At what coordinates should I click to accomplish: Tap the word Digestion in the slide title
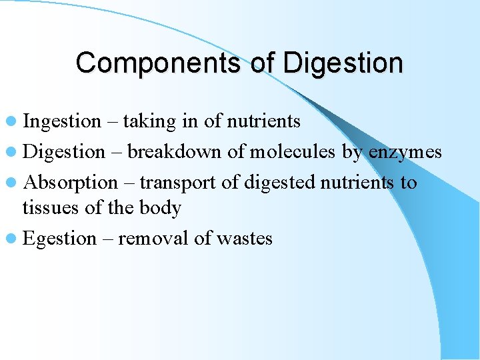coord(343,63)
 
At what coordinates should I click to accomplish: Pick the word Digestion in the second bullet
coord(64,152)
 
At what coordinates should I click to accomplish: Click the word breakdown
coord(174,152)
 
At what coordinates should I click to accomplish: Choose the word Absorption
coord(70,183)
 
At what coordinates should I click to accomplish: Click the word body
coord(159,208)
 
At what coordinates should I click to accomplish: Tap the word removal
coord(153,239)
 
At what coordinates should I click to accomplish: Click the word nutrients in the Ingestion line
coord(264,121)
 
